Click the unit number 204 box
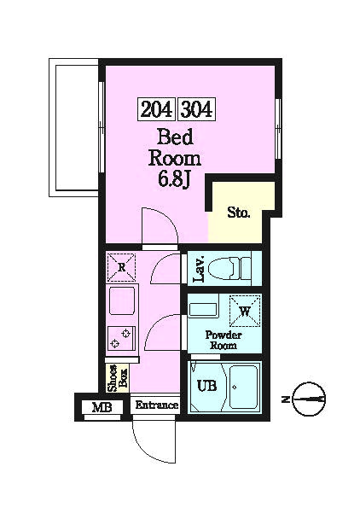coord(157,108)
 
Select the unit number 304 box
coord(197,108)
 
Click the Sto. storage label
coord(239,213)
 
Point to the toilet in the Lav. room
coord(229,268)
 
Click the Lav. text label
coord(199,269)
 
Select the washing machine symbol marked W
coord(245,311)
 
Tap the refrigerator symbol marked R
coord(121,267)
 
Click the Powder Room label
coord(224,340)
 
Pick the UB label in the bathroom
coord(206,386)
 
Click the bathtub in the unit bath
coord(243,387)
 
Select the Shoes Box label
coord(118,378)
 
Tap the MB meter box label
coord(102,408)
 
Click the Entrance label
coord(157,405)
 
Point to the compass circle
coord(309,399)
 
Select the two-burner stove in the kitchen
coord(121,339)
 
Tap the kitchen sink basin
coord(121,300)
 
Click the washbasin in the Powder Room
coord(203,310)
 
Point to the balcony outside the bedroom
coord(74,127)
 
